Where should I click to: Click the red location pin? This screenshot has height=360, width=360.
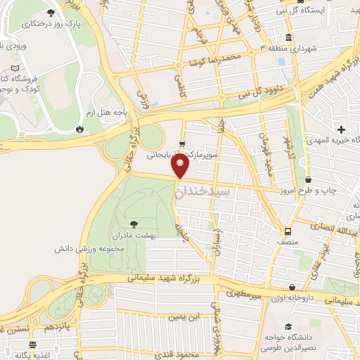181,166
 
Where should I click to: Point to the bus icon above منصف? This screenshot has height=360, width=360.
288,231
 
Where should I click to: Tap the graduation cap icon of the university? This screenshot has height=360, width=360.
289,326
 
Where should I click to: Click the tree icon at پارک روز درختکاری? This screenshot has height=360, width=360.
51,13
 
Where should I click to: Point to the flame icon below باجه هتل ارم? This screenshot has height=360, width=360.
79,129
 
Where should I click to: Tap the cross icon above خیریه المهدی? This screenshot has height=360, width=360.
341,129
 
